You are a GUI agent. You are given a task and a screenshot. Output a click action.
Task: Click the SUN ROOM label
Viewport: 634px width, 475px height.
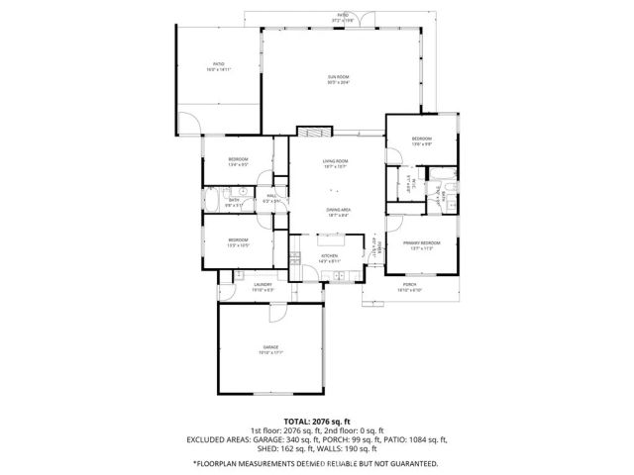click(339, 76)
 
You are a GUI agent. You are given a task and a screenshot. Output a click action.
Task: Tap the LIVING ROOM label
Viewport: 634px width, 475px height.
click(335, 162)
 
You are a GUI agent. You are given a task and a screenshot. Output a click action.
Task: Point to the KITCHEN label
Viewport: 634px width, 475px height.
click(329, 255)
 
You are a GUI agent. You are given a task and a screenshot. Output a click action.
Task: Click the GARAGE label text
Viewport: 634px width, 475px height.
click(270, 348)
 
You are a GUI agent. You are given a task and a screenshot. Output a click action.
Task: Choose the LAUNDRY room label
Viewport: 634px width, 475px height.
click(262, 285)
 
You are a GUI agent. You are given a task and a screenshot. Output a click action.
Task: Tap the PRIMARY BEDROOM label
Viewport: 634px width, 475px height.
click(422, 243)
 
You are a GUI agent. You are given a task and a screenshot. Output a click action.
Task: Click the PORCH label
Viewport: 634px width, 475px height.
click(409, 286)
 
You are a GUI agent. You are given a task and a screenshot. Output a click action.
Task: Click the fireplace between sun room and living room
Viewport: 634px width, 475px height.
click(313, 133)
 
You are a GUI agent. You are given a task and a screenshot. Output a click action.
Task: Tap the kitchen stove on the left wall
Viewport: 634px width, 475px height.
click(294, 259)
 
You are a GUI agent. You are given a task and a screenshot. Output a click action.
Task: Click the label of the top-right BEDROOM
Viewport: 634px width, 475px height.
click(422, 141)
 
